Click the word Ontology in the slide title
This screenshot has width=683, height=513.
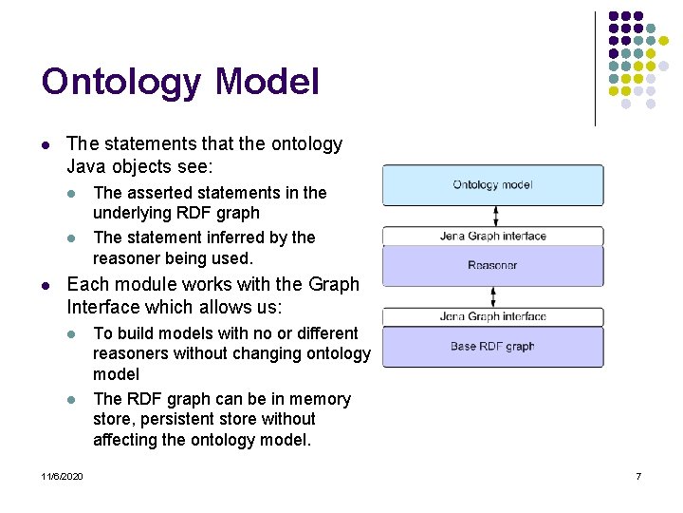[121, 82]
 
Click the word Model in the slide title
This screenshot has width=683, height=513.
[268, 82]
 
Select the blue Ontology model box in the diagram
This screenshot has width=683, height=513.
[492, 185]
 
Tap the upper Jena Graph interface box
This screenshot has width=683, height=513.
[492, 236]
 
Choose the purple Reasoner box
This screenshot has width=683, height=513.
[492, 266]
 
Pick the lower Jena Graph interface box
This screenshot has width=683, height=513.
[492, 316]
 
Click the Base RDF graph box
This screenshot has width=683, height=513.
[492, 347]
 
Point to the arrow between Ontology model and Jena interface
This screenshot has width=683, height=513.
[493, 216]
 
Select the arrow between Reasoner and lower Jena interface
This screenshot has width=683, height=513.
[493, 296]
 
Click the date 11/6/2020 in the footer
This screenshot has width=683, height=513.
[62, 476]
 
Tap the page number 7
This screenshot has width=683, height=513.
[638, 476]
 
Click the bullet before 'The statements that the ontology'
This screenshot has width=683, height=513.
[45, 145]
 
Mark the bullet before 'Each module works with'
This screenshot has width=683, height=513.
[45, 285]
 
